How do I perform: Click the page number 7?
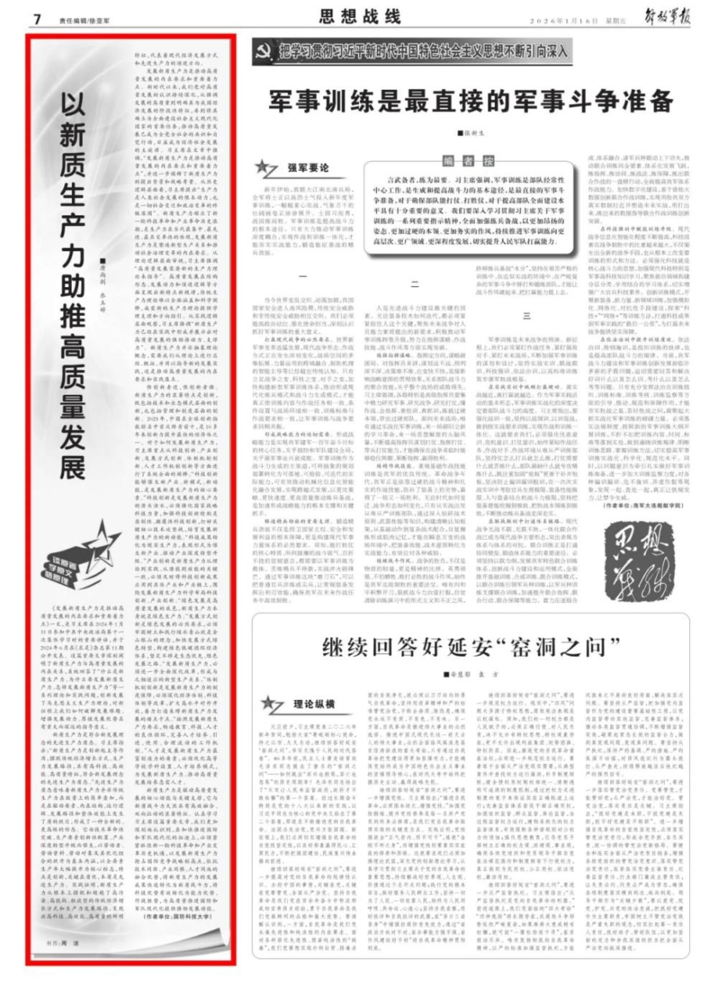click(x=37, y=19)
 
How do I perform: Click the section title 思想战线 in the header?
click(x=360, y=18)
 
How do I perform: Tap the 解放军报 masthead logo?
click(x=667, y=18)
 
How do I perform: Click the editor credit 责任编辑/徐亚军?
click(x=85, y=20)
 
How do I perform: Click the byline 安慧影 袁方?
click(x=471, y=675)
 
